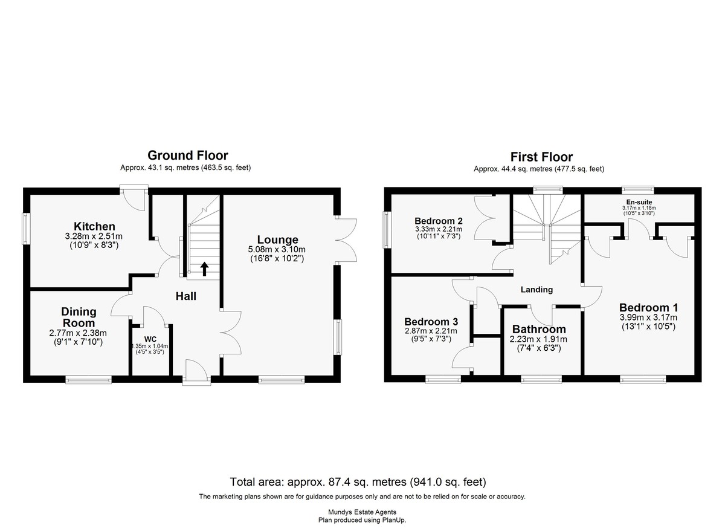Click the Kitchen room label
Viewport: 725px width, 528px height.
click(x=94, y=226)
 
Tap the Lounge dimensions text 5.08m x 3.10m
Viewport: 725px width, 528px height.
click(x=277, y=249)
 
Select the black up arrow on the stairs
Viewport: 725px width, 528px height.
click(x=204, y=269)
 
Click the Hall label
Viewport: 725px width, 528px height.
click(x=186, y=296)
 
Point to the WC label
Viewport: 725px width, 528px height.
click(x=150, y=339)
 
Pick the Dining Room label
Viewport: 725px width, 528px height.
click(x=79, y=317)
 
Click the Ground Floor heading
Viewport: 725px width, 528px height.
click(x=188, y=155)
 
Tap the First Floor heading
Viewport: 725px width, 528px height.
click(x=541, y=157)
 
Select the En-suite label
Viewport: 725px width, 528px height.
click(x=639, y=202)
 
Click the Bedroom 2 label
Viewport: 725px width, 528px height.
click(x=439, y=221)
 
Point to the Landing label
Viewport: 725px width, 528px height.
click(x=536, y=289)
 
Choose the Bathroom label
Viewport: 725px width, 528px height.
click(x=539, y=329)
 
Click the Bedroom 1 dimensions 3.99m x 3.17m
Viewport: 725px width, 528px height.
click(x=648, y=318)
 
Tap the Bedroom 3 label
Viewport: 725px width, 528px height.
click(x=431, y=322)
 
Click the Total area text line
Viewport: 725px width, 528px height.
click(x=358, y=481)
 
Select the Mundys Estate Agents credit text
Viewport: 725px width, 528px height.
click(x=362, y=512)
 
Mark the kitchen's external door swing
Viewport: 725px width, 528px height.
click(x=134, y=200)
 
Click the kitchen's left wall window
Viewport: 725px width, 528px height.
click(x=25, y=229)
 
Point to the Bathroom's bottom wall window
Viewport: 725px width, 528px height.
click(x=541, y=379)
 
